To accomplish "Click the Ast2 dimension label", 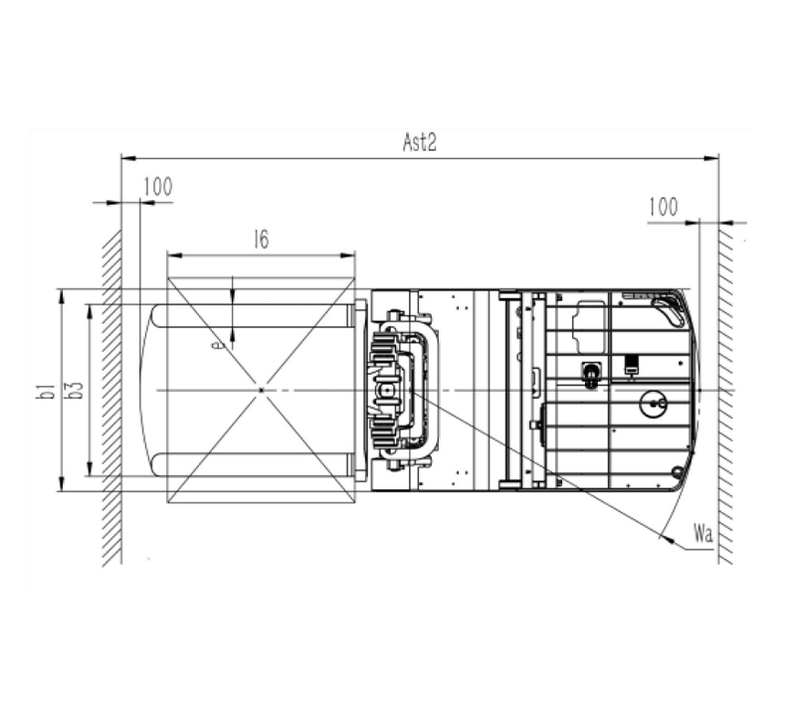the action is click(x=419, y=142).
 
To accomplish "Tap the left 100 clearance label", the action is click(x=158, y=187).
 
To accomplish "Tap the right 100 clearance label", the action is click(x=663, y=207).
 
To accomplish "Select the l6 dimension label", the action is click(x=262, y=240).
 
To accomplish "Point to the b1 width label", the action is click(x=47, y=391).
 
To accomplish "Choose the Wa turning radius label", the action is click(x=703, y=534).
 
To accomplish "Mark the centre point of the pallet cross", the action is click(x=262, y=390).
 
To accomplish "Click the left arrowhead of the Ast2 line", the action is click(x=128, y=158).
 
